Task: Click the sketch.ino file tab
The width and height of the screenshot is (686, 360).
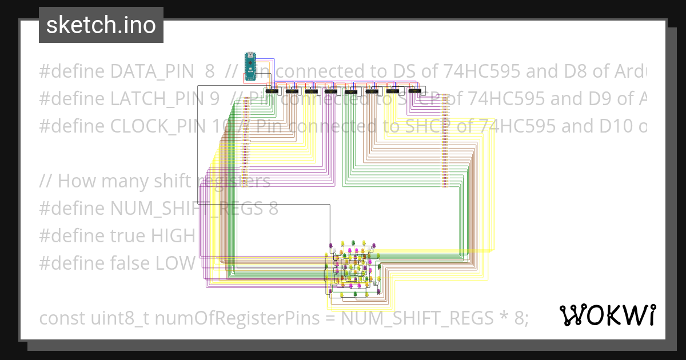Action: click(x=101, y=25)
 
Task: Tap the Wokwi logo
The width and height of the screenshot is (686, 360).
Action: click(x=607, y=315)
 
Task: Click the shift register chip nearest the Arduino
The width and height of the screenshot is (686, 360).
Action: click(x=272, y=91)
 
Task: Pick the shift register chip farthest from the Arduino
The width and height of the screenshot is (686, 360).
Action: click(x=414, y=91)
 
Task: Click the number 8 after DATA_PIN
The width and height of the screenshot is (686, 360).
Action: click(x=209, y=71)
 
